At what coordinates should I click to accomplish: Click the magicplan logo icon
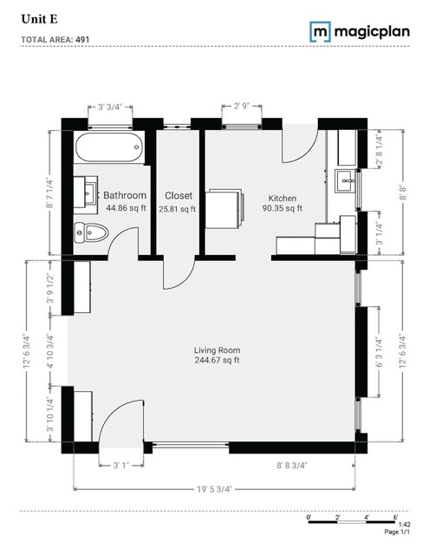pyautogui.click(x=321, y=32)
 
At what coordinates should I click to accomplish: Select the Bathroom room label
pyautogui.click(x=125, y=196)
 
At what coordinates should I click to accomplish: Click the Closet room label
pyautogui.click(x=178, y=196)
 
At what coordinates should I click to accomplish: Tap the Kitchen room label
pyautogui.click(x=283, y=197)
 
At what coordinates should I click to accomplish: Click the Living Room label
pyautogui.click(x=218, y=349)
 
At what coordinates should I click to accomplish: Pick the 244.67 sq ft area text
pyautogui.click(x=218, y=361)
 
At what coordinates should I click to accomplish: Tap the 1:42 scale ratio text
pyautogui.click(x=404, y=526)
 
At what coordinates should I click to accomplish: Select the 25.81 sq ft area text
pyautogui.click(x=178, y=208)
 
